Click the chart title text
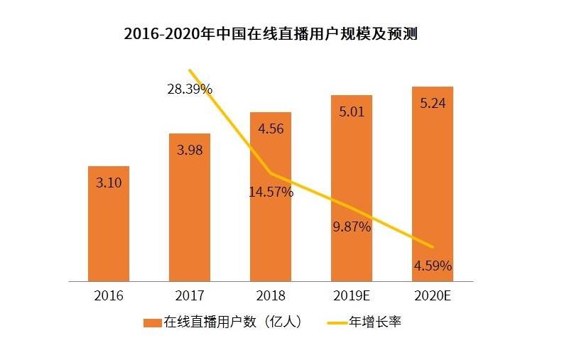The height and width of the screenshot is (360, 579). click(270, 34)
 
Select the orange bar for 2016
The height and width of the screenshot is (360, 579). click(108, 234)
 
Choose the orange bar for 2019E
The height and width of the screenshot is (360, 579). click(351, 170)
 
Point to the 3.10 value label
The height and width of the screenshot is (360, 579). click(109, 182)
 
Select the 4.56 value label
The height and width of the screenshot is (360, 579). click(271, 129)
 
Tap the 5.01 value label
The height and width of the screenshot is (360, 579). click(352, 111)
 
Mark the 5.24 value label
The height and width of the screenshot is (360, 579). click(433, 103)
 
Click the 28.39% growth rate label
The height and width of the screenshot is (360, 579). click(189, 89)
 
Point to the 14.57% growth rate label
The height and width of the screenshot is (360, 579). click(271, 192)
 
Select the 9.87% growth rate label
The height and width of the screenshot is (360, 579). click(352, 227)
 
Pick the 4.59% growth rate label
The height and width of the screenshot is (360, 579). click(433, 266)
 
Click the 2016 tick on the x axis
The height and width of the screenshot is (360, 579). click(108, 295)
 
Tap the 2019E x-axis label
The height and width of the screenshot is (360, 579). click(352, 295)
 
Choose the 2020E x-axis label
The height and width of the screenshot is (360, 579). click(433, 295)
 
